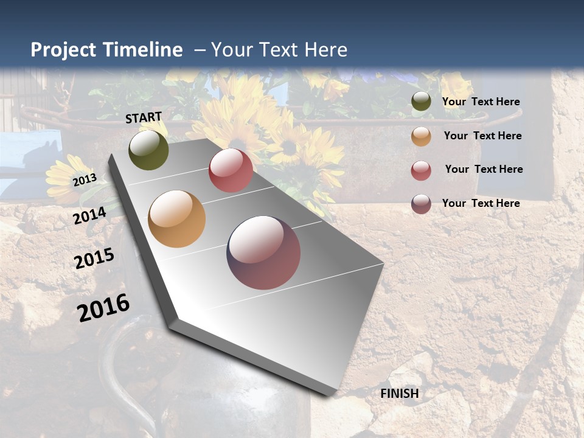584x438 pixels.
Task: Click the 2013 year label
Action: point(85,180)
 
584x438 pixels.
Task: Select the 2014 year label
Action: point(90,216)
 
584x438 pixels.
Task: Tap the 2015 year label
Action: point(94,259)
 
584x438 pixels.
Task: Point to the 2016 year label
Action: point(103,308)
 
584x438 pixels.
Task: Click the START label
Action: point(144,117)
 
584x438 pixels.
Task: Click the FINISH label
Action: point(400,394)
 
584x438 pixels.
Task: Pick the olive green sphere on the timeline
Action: point(148,150)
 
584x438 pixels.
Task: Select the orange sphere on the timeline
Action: point(176,219)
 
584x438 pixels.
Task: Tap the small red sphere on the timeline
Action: point(231,170)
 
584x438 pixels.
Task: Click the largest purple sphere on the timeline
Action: point(263,252)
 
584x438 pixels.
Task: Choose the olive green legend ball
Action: point(421,102)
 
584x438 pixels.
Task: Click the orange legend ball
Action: point(421,136)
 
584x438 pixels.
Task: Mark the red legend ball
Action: point(421,170)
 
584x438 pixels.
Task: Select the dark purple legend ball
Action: point(421,204)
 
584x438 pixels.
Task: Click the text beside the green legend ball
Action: point(481,102)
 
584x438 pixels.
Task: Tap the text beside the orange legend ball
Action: point(482,136)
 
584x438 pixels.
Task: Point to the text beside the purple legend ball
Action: point(481,203)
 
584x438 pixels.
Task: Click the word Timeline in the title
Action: point(142,50)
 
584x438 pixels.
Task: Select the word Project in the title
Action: point(64,50)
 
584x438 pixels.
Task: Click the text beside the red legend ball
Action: point(484,169)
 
